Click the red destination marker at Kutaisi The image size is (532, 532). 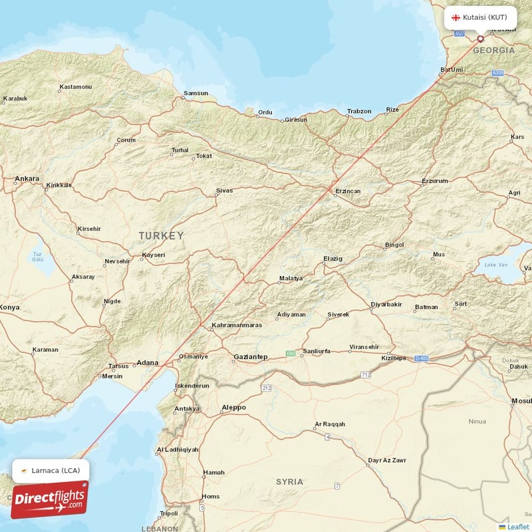coord(481,39)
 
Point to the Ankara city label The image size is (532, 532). coord(27,179)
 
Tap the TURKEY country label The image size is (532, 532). coord(161,235)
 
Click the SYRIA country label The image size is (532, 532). coord(290,481)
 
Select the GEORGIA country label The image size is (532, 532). coord(493,51)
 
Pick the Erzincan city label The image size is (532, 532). coord(347,192)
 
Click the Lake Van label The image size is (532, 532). coord(495,265)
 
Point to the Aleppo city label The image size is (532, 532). coord(233,407)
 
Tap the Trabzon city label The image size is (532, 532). coord(359,111)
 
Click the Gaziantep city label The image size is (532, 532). coord(250,357)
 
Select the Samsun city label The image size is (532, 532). coord(196,93)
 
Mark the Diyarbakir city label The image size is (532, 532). coord(386,305)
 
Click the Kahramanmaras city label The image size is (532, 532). coord(236,325)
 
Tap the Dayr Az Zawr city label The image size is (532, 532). coord(387,460)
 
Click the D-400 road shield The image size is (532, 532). coord(420,358)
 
